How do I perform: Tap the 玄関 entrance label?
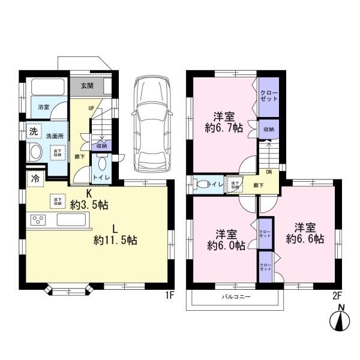(x=86, y=86)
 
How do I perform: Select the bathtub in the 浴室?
(x=46, y=87)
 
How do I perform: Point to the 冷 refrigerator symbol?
(x=35, y=178)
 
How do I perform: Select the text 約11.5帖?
(x=115, y=240)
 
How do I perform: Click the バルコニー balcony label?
(x=236, y=297)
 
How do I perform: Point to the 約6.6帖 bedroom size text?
(x=305, y=238)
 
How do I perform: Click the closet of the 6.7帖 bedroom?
(x=268, y=97)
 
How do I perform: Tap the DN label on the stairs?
(x=268, y=171)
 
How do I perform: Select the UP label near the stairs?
(x=91, y=109)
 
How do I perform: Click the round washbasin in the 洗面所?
(x=34, y=152)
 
